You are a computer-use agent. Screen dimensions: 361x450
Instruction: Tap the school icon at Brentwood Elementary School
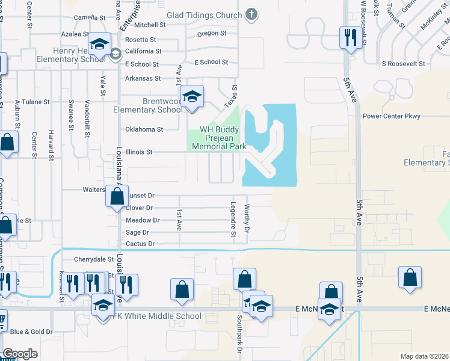[x=192, y=97]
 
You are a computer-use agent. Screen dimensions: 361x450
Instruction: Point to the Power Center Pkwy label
[x=391, y=116]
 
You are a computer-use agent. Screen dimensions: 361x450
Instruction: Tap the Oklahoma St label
[x=144, y=129]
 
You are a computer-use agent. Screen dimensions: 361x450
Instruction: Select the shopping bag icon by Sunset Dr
[x=117, y=196]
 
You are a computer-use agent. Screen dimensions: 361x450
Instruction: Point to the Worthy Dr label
[x=247, y=217]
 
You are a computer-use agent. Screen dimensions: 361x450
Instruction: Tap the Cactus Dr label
[x=141, y=244]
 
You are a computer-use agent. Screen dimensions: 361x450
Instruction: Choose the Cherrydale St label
[x=93, y=259]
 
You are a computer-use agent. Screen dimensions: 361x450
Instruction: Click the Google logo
[x=20, y=354]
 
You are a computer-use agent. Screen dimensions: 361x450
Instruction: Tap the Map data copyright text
[x=424, y=356]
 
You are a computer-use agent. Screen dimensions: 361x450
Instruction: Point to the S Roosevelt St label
[x=403, y=63]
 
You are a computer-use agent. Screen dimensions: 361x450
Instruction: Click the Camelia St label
[x=85, y=18]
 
